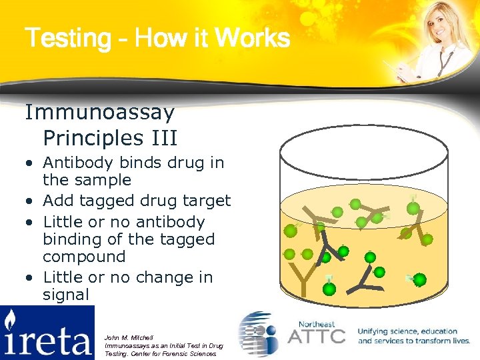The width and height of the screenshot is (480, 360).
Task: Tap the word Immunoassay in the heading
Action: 100,113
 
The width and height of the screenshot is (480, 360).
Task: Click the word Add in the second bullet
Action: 57,201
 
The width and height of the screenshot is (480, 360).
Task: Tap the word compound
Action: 84,257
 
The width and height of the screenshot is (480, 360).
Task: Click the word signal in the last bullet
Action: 66,295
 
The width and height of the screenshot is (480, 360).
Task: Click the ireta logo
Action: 47,333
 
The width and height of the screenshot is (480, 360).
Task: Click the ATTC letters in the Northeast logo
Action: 315,335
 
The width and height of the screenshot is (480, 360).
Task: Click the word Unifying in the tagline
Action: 378,331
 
